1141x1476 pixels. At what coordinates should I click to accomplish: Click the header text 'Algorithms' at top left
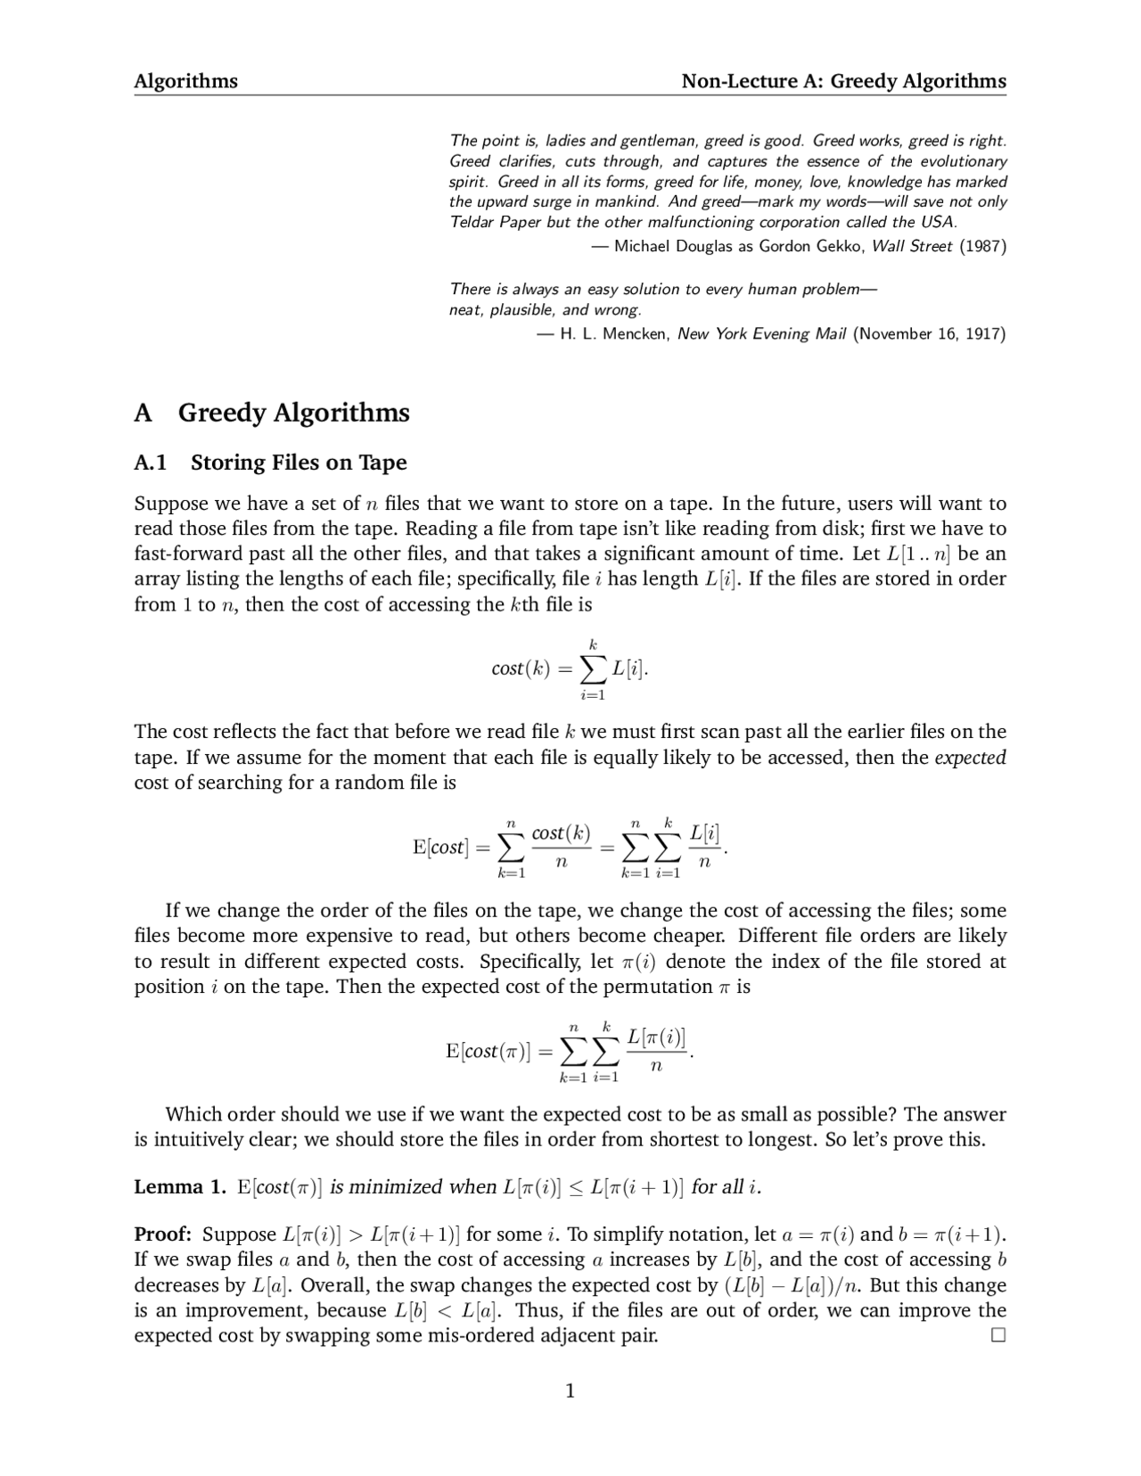185,81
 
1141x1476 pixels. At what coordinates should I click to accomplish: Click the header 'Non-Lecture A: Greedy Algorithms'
843,81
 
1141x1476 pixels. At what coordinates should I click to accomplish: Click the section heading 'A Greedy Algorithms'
272,413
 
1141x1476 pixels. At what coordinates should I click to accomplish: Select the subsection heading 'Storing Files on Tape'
298,463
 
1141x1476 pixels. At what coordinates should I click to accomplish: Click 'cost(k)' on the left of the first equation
521,668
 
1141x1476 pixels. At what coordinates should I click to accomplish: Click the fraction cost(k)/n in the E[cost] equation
561,847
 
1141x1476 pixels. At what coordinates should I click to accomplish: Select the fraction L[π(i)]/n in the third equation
656,1051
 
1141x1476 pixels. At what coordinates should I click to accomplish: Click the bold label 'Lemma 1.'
180,1187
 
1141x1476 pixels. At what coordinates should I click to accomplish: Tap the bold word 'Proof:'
162,1234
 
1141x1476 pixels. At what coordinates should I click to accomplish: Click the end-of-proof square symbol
997,1335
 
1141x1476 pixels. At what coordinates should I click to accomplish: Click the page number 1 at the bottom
570,1390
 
